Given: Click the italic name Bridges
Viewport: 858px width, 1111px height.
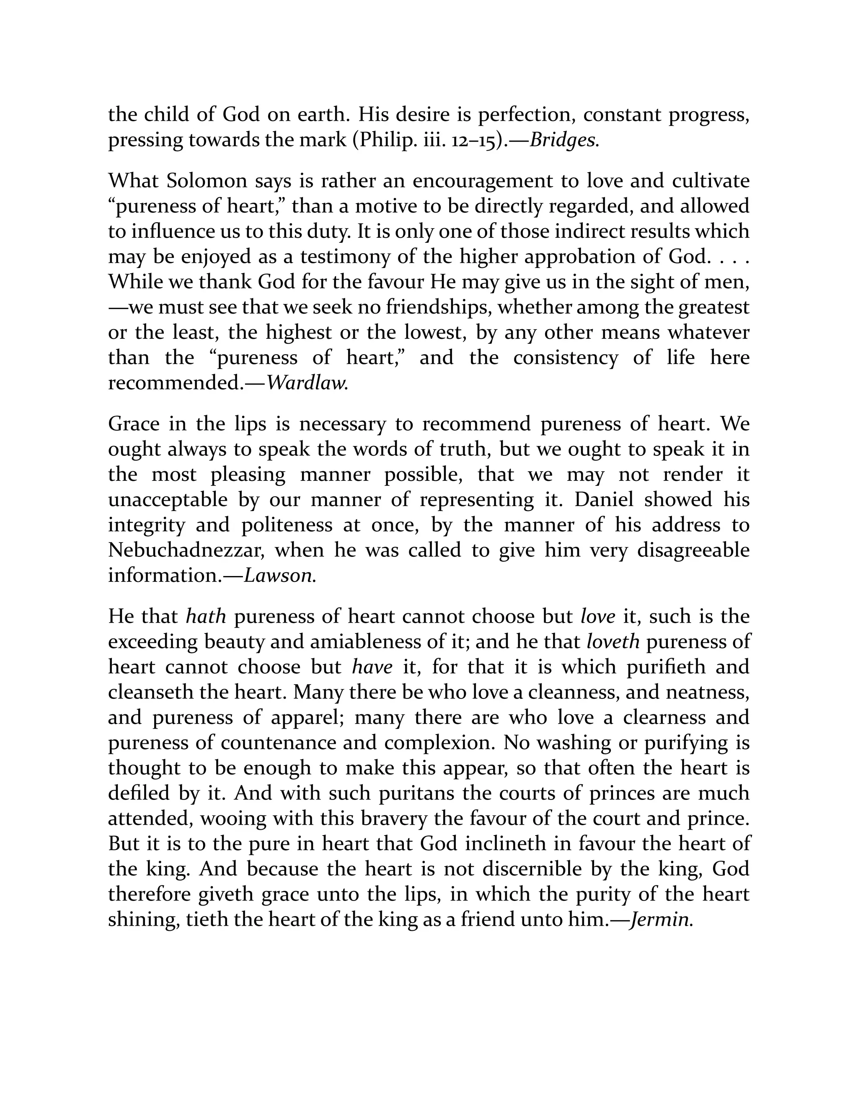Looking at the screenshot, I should point(564,140).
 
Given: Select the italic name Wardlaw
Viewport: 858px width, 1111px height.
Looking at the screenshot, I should point(307,383).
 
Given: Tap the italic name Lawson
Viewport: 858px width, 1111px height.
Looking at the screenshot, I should point(279,575).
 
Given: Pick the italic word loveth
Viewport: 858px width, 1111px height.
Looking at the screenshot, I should point(613,641).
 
